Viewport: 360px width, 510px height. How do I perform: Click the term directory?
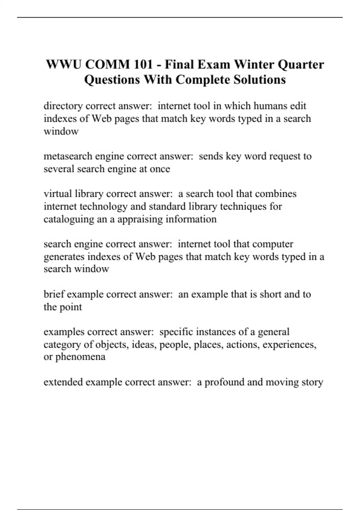63,106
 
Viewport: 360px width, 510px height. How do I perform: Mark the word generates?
64,257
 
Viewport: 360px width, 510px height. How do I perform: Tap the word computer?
273,244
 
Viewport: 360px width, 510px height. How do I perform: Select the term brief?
54,294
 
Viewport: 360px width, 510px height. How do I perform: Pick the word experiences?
289,344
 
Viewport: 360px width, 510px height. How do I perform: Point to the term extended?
63,382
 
